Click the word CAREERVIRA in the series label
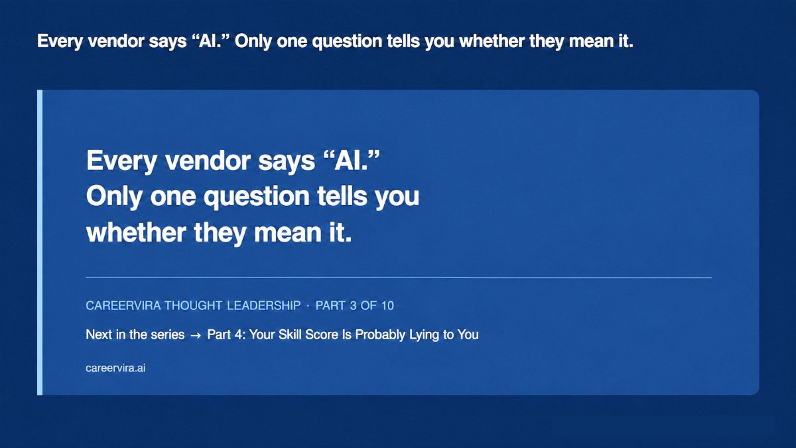tap(123, 305)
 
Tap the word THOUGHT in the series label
tap(193, 305)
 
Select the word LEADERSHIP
tap(264, 305)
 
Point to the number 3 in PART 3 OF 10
tap(353, 305)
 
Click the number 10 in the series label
tap(387, 305)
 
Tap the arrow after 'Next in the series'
tap(196, 335)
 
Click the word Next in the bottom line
tap(99, 335)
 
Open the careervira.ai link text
tap(115, 368)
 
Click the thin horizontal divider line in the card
tap(399, 277)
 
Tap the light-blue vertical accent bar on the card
tap(40, 242)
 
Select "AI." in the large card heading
tap(352, 160)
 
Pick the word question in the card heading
tap(256, 197)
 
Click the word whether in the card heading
tap(136, 232)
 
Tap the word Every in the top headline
tap(60, 42)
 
